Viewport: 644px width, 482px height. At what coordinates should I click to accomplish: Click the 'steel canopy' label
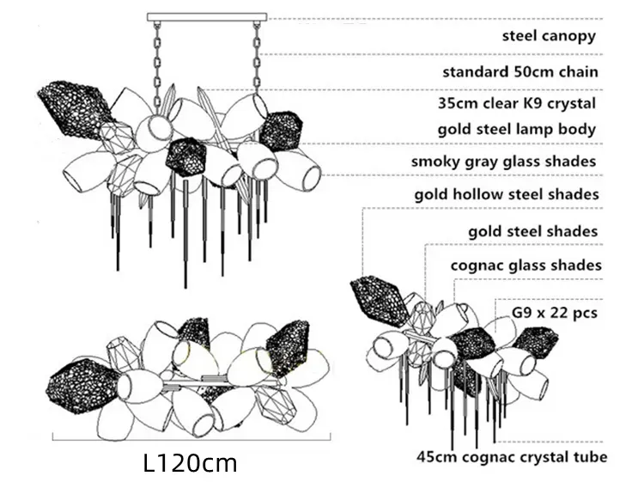coord(549,36)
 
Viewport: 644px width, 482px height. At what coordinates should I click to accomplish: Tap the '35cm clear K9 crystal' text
coord(517,103)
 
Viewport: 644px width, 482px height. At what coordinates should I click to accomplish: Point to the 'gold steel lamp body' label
coord(517,129)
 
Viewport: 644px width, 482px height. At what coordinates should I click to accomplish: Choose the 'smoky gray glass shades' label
coord(503,161)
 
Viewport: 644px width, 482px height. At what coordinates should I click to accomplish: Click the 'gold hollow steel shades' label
coord(507,194)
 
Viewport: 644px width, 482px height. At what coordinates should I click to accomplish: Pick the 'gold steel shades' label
coord(532,231)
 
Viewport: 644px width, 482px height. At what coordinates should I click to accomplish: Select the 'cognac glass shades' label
coord(526,265)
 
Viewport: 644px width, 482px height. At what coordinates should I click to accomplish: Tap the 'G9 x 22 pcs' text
coord(555,312)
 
